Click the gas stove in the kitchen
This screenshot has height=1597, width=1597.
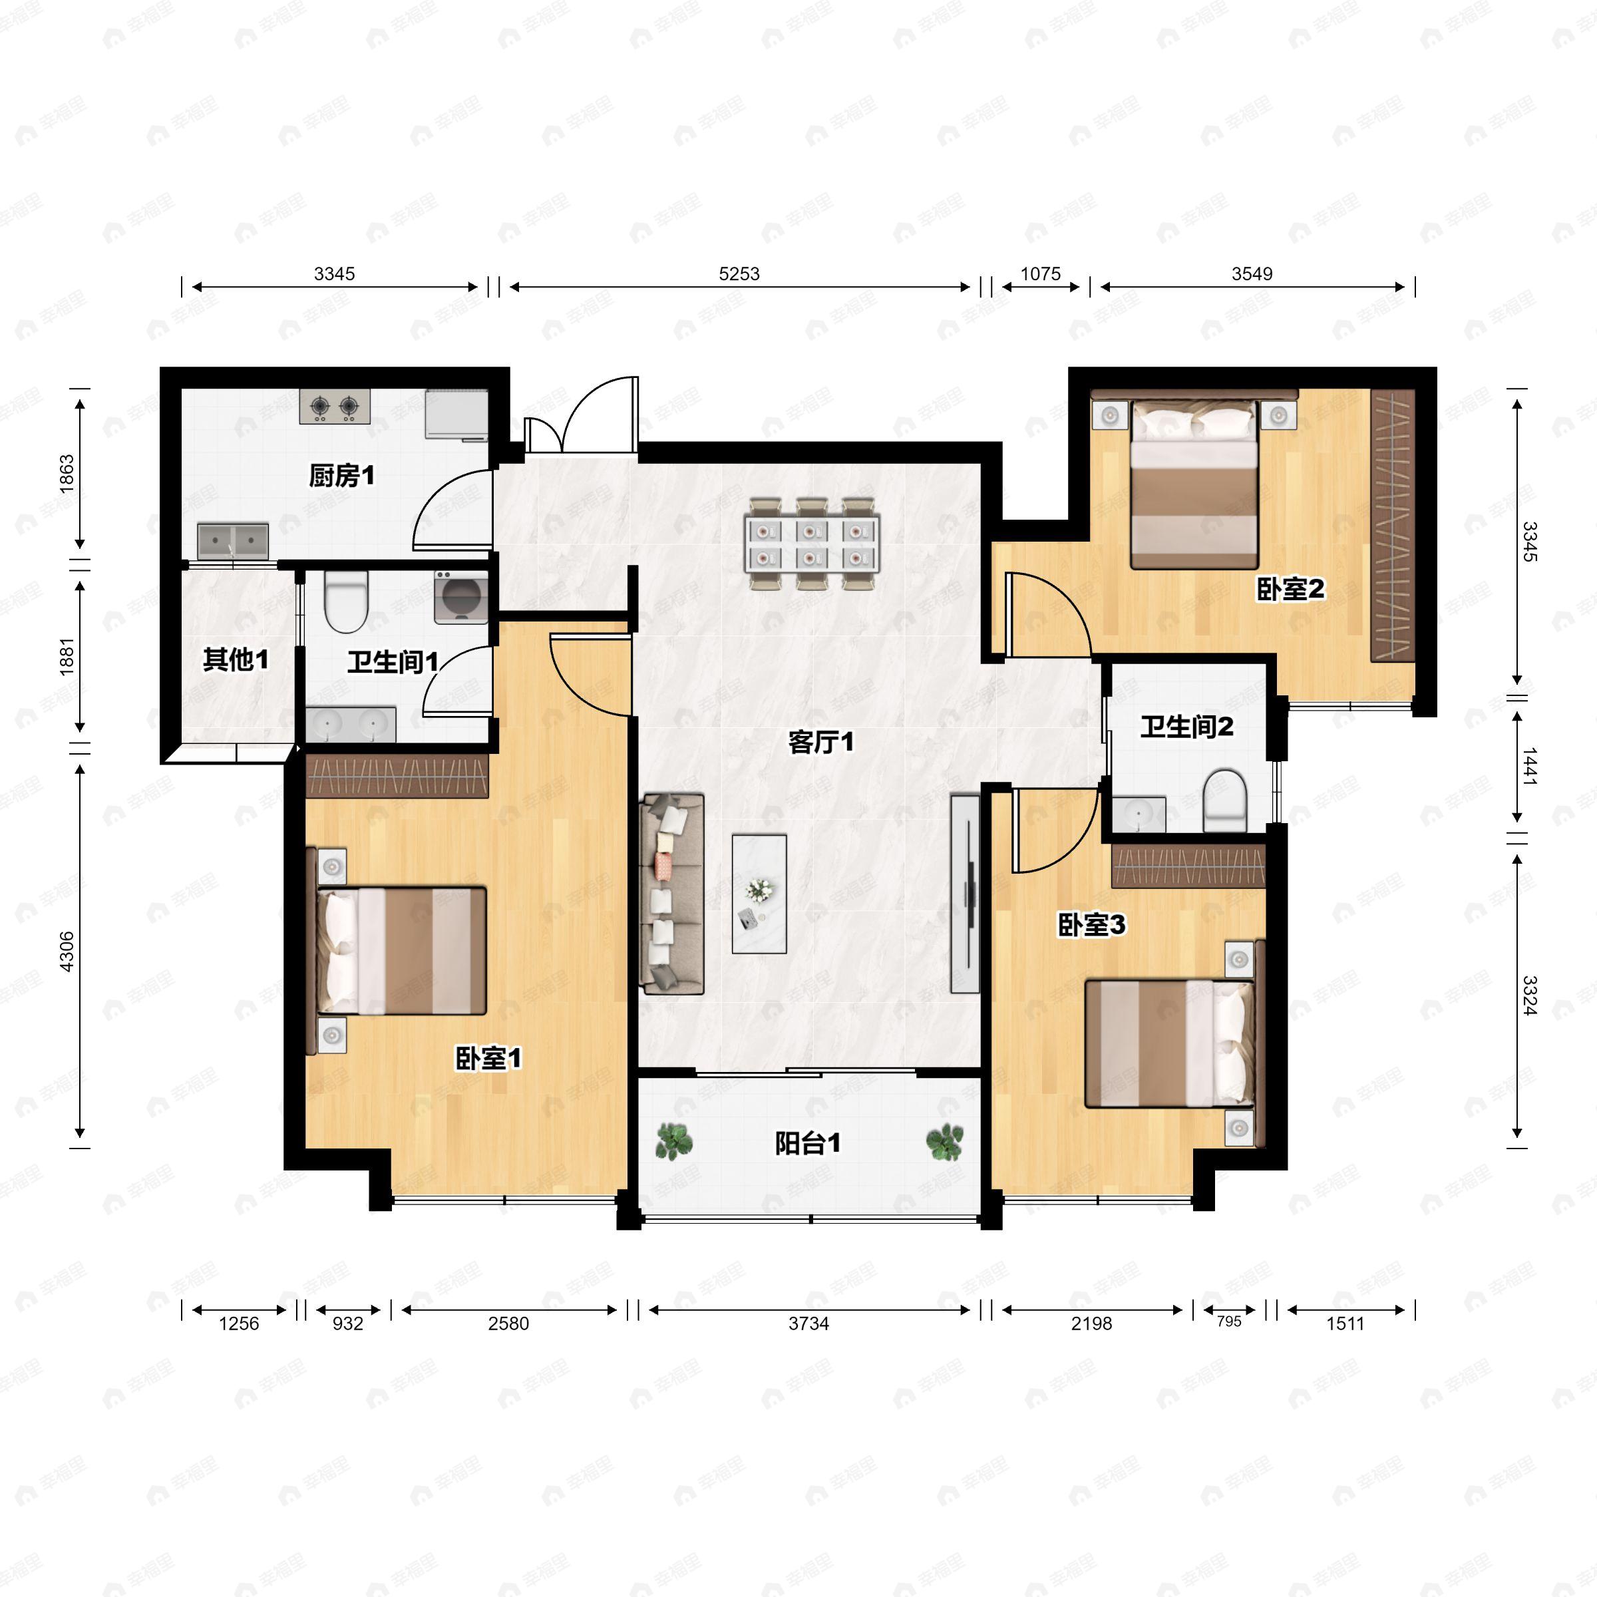335,407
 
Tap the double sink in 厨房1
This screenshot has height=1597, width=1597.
233,540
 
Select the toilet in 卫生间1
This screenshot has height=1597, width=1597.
345,601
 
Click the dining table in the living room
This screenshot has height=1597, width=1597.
812,543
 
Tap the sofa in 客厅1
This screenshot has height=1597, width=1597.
672,894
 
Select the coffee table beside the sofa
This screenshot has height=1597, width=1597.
759,894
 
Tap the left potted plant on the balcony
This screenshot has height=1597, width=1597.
675,1142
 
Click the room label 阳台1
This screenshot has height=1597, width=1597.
808,1143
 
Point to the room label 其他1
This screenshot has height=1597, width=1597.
236,659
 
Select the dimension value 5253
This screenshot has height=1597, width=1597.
739,273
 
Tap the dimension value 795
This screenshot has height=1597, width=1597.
1229,1322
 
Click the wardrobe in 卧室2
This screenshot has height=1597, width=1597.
1393,525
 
